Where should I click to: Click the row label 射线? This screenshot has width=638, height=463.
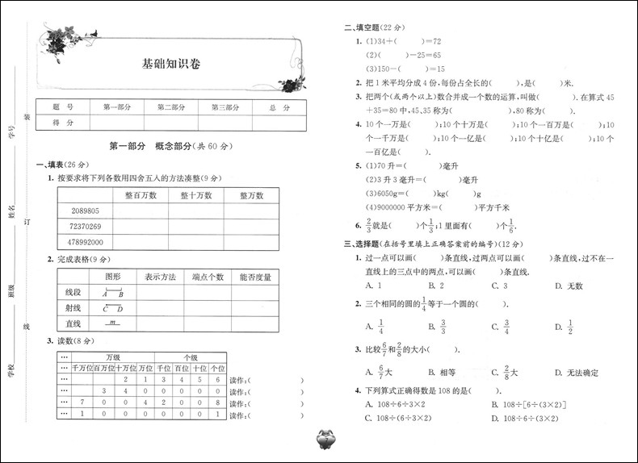click(73, 307)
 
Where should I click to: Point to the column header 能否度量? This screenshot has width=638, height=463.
click(254, 277)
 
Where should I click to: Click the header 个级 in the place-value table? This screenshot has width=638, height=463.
click(191, 357)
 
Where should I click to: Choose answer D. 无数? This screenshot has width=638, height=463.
click(569, 286)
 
